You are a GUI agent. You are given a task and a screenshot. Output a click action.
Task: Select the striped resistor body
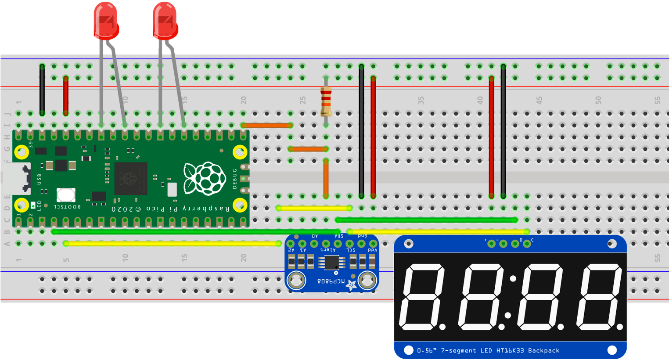(326, 101)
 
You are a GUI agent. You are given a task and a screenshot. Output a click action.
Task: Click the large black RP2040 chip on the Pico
(130, 178)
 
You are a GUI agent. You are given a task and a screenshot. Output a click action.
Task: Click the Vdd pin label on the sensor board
(373, 250)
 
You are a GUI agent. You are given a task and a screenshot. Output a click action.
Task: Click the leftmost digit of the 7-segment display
(422, 297)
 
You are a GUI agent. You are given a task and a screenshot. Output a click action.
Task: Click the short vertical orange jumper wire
(326, 178)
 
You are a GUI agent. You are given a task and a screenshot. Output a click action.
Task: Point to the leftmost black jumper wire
(42, 90)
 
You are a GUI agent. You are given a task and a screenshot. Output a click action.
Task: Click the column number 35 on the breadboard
(421, 101)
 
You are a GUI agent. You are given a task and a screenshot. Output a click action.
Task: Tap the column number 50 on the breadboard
(598, 101)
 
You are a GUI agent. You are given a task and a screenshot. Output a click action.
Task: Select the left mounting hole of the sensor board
(296, 280)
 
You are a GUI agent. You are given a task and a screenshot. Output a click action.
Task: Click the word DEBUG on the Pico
(235, 178)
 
